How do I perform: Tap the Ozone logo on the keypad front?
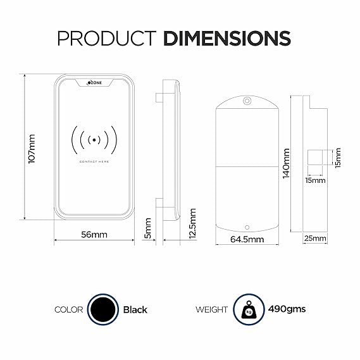click(x=94, y=82)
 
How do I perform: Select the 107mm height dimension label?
click(x=32, y=149)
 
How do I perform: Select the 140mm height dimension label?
click(x=285, y=163)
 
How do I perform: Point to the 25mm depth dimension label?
click(x=314, y=239)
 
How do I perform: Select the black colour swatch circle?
click(x=102, y=309)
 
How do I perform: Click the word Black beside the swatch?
click(x=135, y=309)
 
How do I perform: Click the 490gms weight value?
click(x=286, y=309)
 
